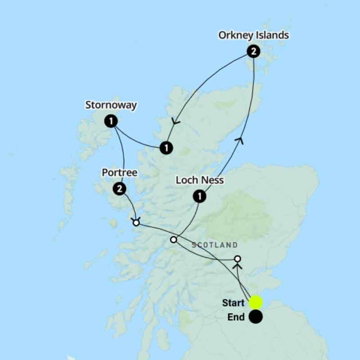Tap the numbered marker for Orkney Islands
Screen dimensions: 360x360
point(253,52)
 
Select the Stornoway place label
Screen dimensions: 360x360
point(111,105)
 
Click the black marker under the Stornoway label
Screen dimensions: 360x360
point(111,121)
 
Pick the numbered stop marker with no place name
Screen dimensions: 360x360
point(166,147)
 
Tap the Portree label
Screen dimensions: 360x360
point(119,173)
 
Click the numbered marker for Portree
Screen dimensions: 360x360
point(119,189)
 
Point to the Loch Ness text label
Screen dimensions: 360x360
point(199,180)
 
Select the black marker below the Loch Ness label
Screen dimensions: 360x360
point(199,196)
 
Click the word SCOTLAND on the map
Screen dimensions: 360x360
point(215,245)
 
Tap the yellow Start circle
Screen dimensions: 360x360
point(256,302)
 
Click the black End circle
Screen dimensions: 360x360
point(256,317)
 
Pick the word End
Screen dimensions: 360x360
point(236,317)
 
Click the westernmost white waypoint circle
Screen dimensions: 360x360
point(136,223)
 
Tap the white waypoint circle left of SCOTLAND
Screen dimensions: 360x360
point(174,240)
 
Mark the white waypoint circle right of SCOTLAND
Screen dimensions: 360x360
point(238,259)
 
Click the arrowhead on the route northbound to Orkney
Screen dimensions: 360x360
point(240,141)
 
